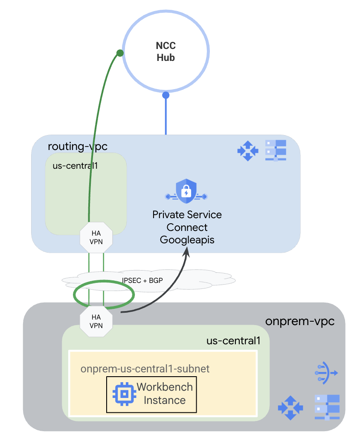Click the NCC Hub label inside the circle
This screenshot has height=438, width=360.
pyautogui.click(x=166, y=52)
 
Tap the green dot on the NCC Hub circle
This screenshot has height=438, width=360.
pyautogui.click(x=120, y=53)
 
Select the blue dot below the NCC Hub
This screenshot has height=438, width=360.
pyautogui.click(x=166, y=95)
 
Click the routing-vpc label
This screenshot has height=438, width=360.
pyautogui.click(x=77, y=147)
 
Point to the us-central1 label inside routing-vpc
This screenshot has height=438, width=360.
pyautogui.click(x=75, y=165)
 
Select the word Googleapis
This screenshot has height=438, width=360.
pyautogui.click(x=187, y=240)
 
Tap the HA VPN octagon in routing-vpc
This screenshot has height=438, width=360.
pyautogui.click(x=96, y=237)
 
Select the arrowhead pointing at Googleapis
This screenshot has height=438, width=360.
pyautogui.click(x=186, y=253)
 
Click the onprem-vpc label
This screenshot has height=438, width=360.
pyautogui.click(x=299, y=321)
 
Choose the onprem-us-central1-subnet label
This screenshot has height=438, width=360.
pyautogui.click(x=145, y=369)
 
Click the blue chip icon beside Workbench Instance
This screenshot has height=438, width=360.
pyautogui.click(x=123, y=394)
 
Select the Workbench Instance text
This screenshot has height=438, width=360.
pyautogui.click(x=165, y=394)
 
